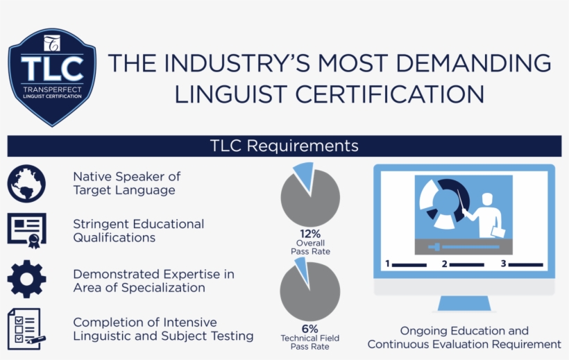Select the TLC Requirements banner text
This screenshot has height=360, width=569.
point(284,146)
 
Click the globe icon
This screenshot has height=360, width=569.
point(26,184)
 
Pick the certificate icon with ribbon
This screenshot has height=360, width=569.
point(26,230)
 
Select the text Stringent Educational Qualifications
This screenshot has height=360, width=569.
point(139,231)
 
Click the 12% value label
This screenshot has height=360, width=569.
point(309,233)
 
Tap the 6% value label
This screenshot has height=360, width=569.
point(309,328)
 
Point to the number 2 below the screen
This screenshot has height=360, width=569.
point(444,264)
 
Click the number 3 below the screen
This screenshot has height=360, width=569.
point(503,264)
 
